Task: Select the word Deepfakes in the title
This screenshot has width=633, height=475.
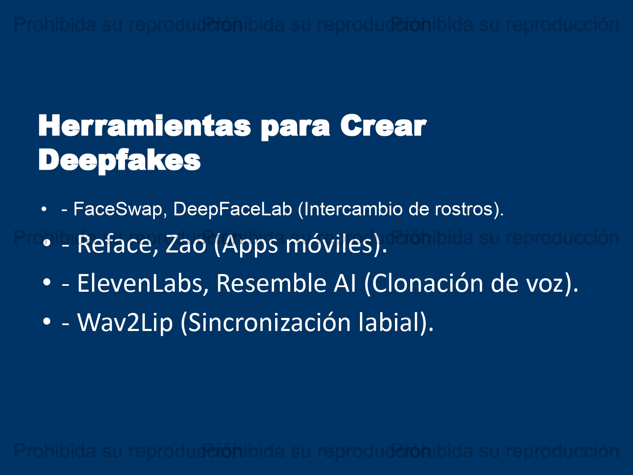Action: pos(119,160)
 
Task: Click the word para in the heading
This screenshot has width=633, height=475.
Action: pos(295,128)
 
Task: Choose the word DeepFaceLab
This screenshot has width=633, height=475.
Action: pos(233,209)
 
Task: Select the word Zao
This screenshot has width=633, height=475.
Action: pos(186,244)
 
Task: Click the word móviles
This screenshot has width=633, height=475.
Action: pos(329,244)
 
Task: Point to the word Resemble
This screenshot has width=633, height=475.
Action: pos(271,283)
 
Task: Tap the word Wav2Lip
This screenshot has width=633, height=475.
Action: pos(125,323)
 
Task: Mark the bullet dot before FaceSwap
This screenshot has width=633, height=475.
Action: pos(44,209)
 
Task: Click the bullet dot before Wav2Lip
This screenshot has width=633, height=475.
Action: pos(46,322)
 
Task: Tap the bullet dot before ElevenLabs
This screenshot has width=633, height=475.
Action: pos(46,282)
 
